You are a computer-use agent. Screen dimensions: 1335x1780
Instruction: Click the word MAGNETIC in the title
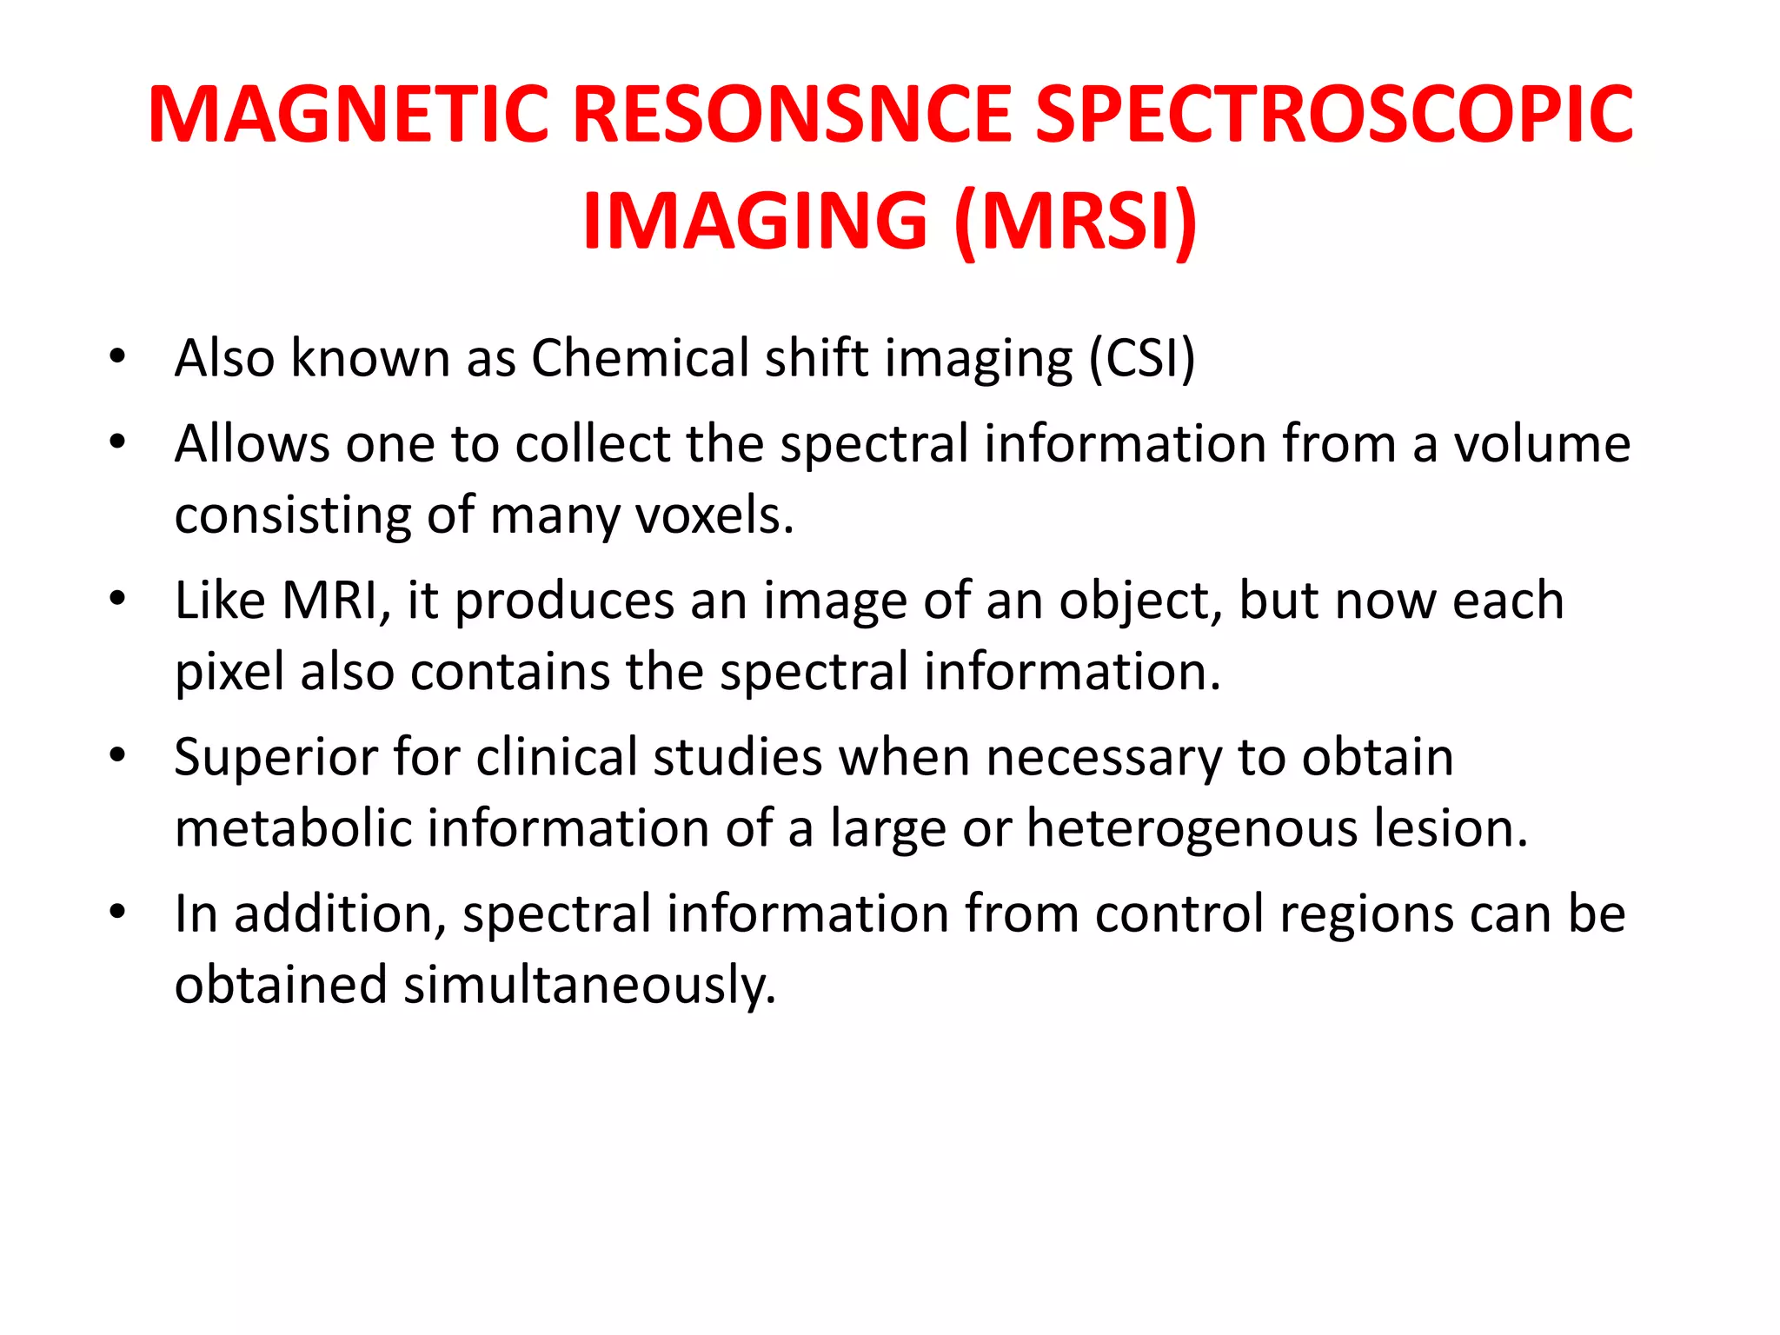pyautogui.click(x=349, y=115)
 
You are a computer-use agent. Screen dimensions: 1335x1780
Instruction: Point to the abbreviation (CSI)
pyautogui.click(x=1142, y=358)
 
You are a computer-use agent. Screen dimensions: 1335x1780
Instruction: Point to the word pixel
pyautogui.click(x=229, y=672)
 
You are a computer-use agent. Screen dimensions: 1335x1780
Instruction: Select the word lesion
pyautogui.click(x=1451, y=828)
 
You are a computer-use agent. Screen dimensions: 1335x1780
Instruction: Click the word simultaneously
pyautogui.click(x=589, y=985)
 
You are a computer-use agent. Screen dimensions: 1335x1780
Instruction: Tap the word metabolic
pyautogui.click(x=293, y=828)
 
